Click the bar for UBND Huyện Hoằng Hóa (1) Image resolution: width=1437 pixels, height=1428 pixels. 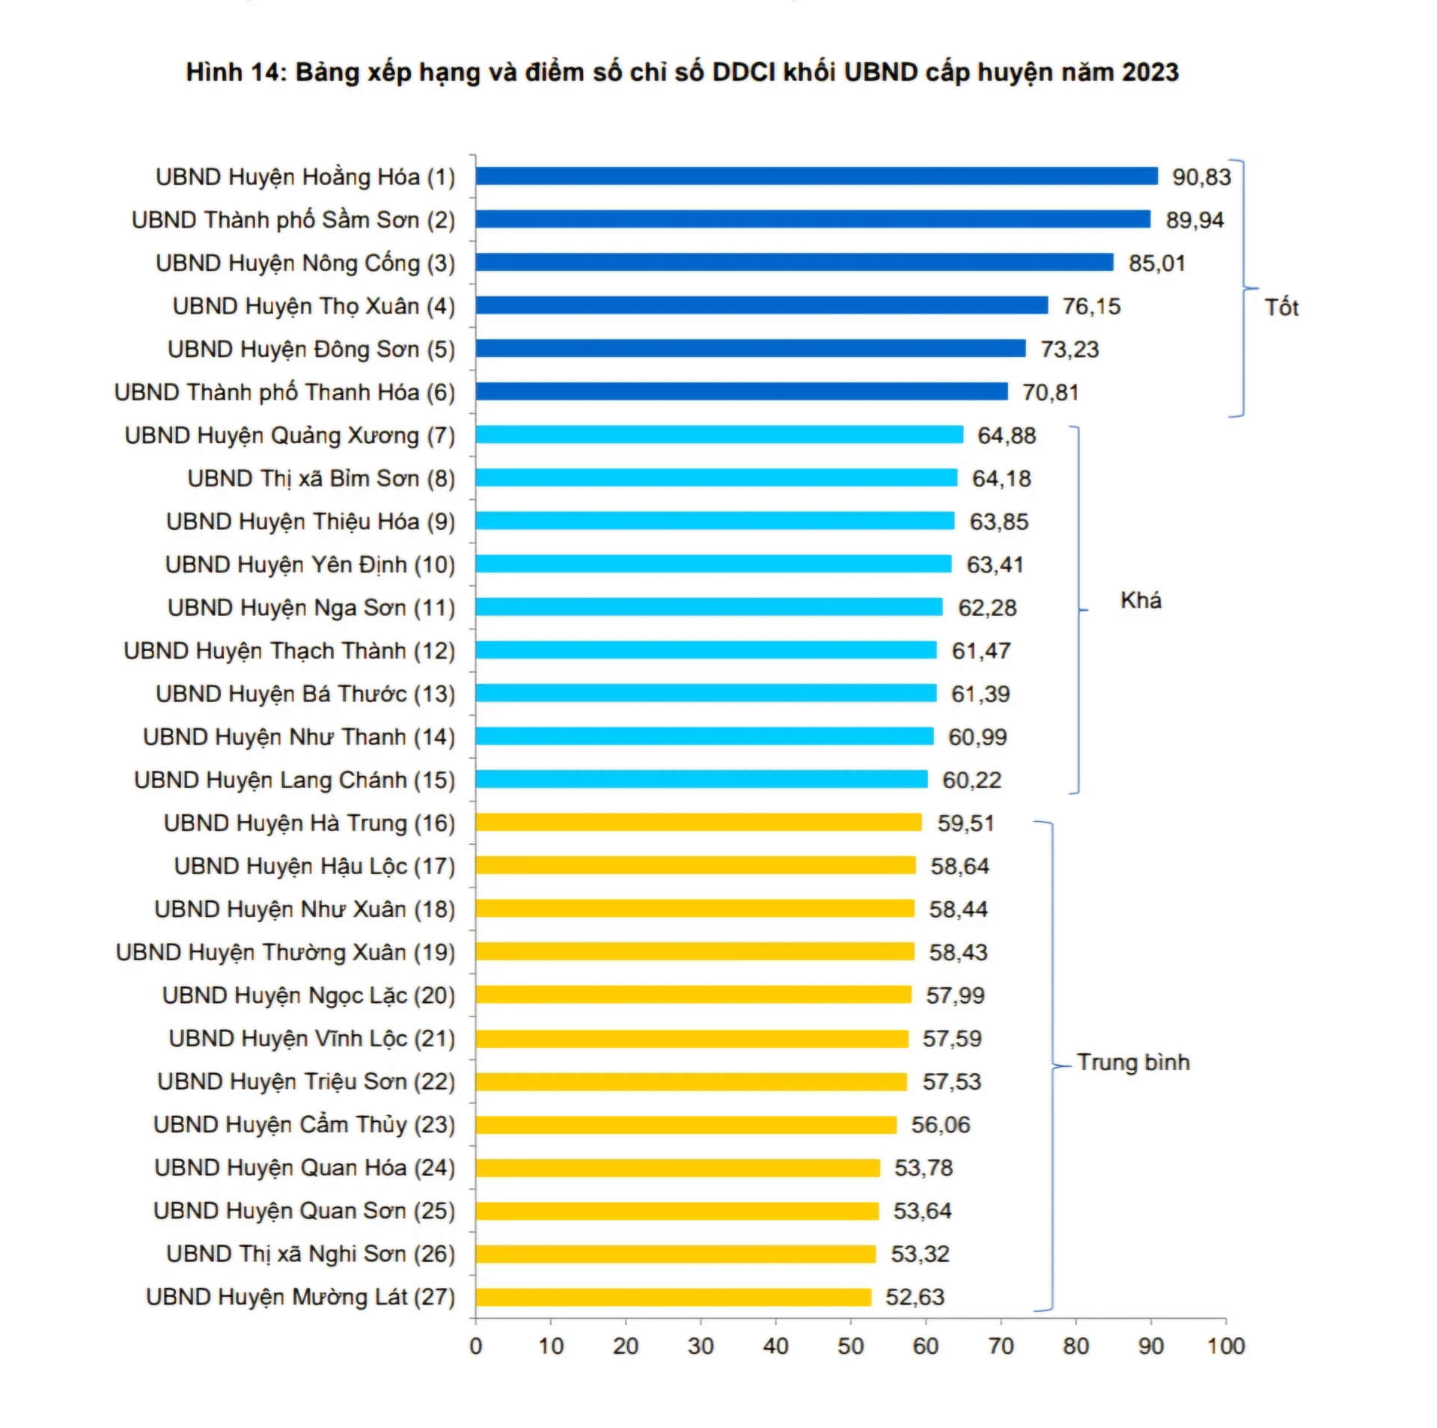[x=816, y=176]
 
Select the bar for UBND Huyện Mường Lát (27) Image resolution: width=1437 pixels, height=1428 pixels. [x=673, y=1297]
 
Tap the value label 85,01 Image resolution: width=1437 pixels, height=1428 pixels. [x=1156, y=263]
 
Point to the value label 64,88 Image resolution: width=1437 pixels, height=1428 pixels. [x=1006, y=436]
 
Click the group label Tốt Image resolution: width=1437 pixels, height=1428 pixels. [x=1281, y=307]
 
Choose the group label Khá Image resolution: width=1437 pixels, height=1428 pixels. [x=1140, y=600]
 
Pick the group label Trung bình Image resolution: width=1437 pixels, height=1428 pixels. [x=1132, y=1062]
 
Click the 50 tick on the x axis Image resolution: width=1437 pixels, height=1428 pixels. [x=850, y=1346]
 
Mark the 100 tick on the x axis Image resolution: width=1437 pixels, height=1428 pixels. [x=1225, y=1346]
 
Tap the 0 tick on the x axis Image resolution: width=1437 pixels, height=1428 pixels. [x=476, y=1346]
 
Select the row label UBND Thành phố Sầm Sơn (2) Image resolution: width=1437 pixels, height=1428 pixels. [x=293, y=220]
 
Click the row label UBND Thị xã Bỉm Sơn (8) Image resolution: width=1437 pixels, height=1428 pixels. [x=320, y=478]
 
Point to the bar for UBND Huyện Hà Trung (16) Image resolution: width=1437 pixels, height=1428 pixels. [x=698, y=822]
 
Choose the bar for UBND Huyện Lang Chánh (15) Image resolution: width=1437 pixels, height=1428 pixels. [x=701, y=779]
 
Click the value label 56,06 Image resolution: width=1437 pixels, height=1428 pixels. [x=940, y=1125]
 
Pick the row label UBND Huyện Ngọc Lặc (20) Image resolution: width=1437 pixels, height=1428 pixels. [x=308, y=995]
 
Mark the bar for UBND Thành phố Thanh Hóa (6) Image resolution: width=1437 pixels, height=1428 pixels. [x=741, y=391]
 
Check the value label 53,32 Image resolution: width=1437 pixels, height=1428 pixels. [x=919, y=1254]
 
